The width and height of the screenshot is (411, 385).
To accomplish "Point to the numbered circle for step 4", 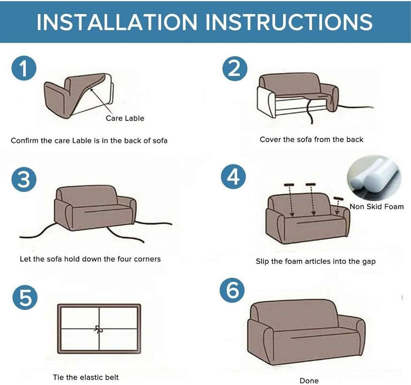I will pyautogui.click(x=233, y=177).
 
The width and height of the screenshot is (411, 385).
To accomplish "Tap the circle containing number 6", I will pyautogui.click(x=233, y=291).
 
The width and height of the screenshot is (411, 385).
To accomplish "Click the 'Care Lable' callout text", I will pyautogui.click(x=125, y=118).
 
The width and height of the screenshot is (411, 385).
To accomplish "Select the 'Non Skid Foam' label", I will pyautogui.click(x=376, y=206).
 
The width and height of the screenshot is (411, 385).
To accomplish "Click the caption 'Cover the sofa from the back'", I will pyautogui.click(x=311, y=139).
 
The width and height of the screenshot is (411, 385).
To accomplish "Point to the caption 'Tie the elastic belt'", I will pyautogui.click(x=86, y=377).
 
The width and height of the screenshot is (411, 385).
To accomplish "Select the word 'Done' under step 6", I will pyautogui.click(x=309, y=380).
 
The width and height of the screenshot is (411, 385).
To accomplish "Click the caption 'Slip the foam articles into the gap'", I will pyautogui.click(x=315, y=261).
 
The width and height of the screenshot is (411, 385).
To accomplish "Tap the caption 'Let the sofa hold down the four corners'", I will pyautogui.click(x=90, y=259).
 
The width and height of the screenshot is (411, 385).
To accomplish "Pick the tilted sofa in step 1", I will pyautogui.click(x=79, y=95).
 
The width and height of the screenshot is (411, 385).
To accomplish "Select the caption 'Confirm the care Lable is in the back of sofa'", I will pyautogui.click(x=89, y=141).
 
